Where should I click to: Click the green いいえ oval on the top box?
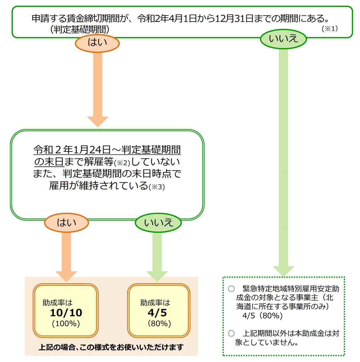(x=283, y=39)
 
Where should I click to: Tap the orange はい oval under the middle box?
(x=66, y=223)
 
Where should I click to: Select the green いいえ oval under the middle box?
(x=158, y=223)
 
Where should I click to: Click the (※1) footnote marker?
(x=330, y=29)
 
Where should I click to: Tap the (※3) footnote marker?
(x=157, y=187)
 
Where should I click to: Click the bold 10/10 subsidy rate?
(x=66, y=313)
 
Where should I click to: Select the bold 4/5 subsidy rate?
(x=157, y=313)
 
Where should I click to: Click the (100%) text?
(x=66, y=324)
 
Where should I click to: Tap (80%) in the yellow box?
(x=159, y=324)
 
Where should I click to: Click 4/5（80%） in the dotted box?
(x=262, y=316)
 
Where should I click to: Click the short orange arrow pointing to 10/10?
(x=66, y=256)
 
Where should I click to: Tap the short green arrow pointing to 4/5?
(x=157, y=256)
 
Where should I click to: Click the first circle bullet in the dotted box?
(x=231, y=289)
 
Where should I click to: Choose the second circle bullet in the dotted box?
(x=231, y=333)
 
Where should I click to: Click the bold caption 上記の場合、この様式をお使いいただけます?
(x=111, y=347)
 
